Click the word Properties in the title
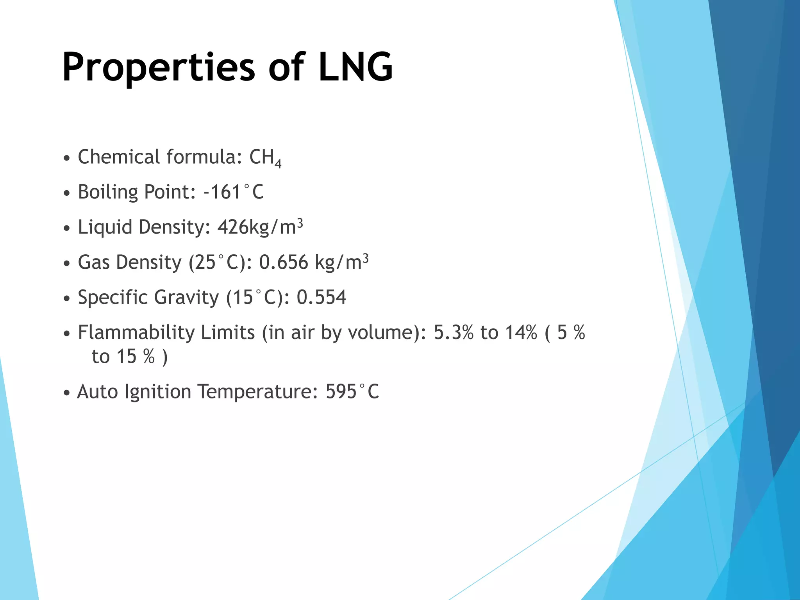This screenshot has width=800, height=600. point(159,68)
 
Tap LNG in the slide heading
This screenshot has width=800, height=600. point(355,67)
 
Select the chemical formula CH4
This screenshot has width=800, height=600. point(265,158)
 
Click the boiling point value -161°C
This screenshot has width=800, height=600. point(234,192)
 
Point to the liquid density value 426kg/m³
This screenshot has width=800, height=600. point(260,227)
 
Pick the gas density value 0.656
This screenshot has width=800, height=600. point(284,262)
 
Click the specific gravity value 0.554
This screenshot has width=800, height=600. point(321,297)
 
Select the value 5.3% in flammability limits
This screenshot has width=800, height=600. point(454,332)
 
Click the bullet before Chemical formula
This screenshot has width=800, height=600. point(67,159)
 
